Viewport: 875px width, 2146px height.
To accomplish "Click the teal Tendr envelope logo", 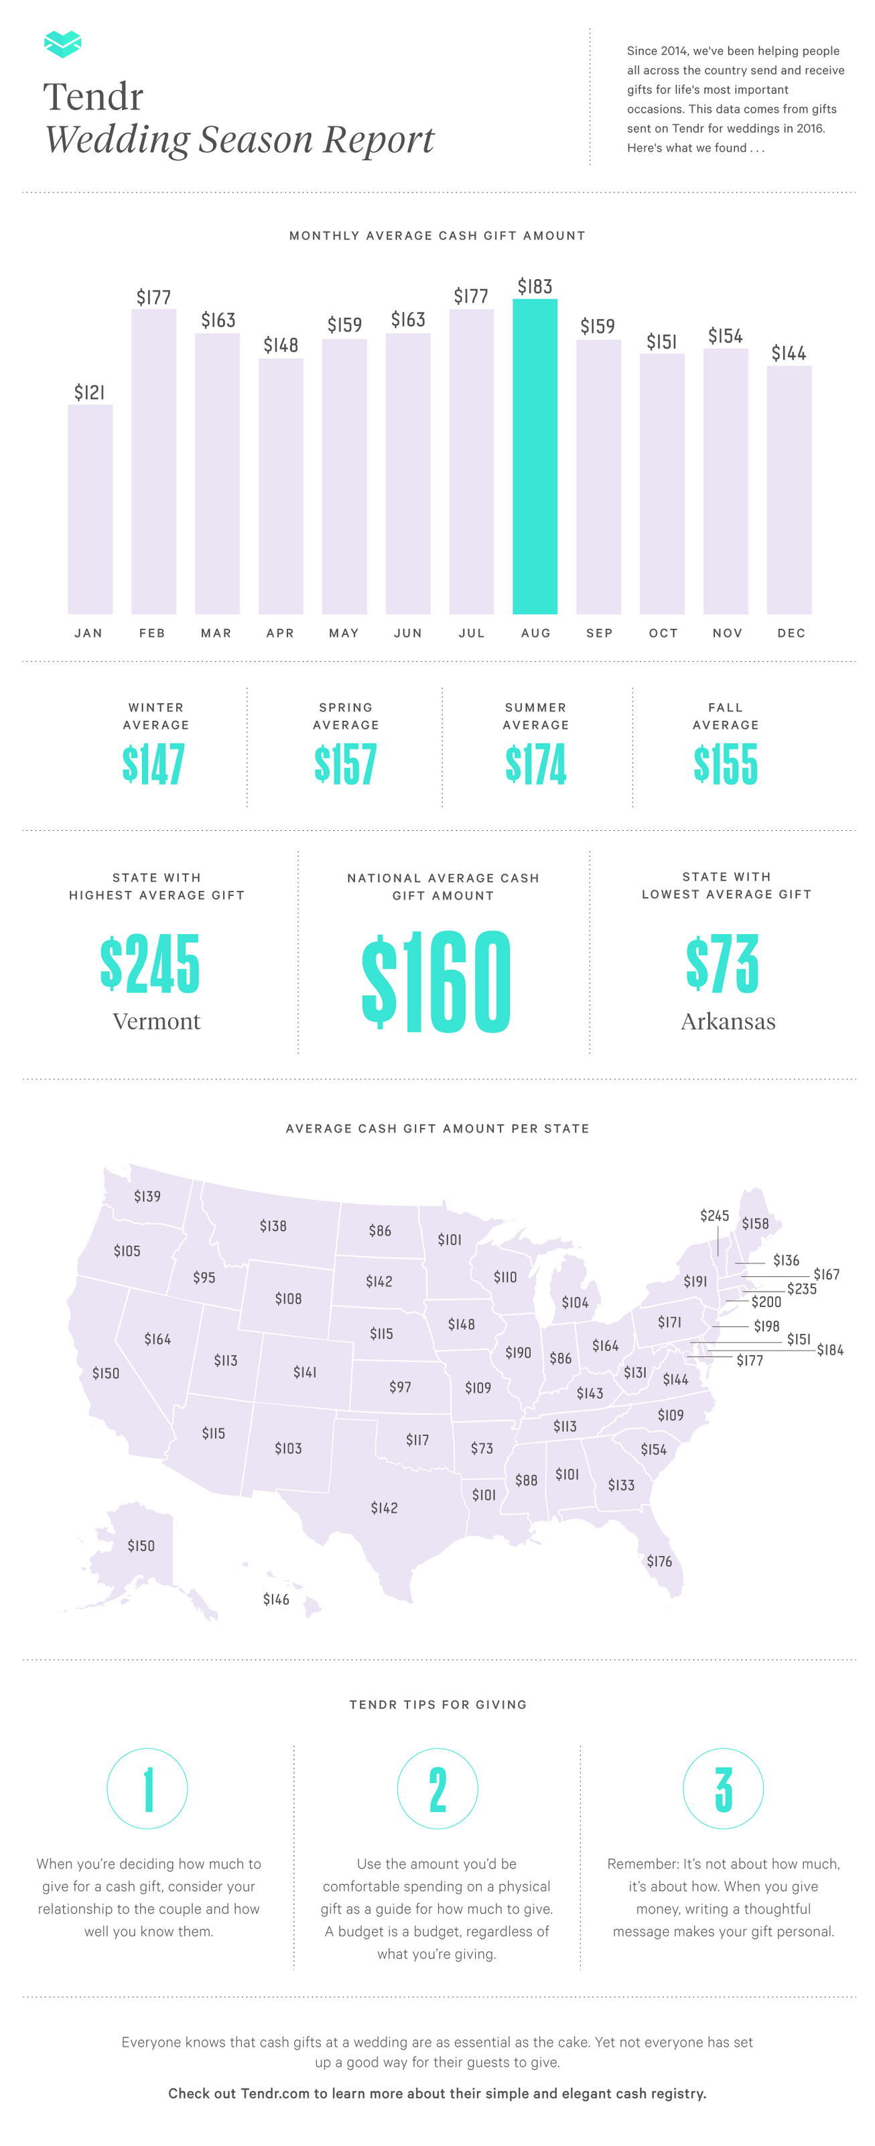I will pyautogui.click(x=62, y=44).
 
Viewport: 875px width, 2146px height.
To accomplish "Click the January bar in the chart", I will pyautogui.click(x=90, y=509).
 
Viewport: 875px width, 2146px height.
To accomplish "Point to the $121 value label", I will pyautogui.click(x=90, y=392).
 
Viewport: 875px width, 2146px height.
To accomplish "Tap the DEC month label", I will pyautogui.click(x=791, y=633).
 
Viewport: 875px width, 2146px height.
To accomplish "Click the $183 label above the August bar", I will pyautogui.click(x=535, y=286).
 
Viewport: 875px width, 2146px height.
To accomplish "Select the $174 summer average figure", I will pyautogui.click(x=535, y=764).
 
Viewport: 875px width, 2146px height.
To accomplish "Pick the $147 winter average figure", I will pyautogui.click(x=154, y=764).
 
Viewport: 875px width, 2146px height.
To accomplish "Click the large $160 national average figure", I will pyautogui.click(x=436, y=981).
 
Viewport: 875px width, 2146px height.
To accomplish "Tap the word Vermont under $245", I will pyautogui.click(x=157, y=1021).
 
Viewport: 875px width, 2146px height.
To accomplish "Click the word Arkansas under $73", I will pyautogui.click(x=728, y=1021).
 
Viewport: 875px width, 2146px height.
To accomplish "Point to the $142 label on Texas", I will pyautogui.click(x=384, y=1508).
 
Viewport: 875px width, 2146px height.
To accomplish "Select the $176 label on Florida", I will pyautogui.click(x=659, y=1561).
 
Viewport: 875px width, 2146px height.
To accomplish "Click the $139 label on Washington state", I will pyautogui.click(x=147, y=1196).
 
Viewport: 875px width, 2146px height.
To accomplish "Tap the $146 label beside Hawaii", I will pyautogui.click(x=277, y=1599).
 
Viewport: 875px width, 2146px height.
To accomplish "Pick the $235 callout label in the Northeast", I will pyautogui.click(x=802, y=1289).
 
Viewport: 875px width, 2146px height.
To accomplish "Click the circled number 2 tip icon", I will pyautogui.click(x=437, y=1789).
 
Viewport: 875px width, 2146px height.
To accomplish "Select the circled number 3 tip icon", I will pyautogui.click(x=724, y=1789).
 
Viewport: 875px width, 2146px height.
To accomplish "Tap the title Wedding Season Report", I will pyautogui.click(x=240, y=139).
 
